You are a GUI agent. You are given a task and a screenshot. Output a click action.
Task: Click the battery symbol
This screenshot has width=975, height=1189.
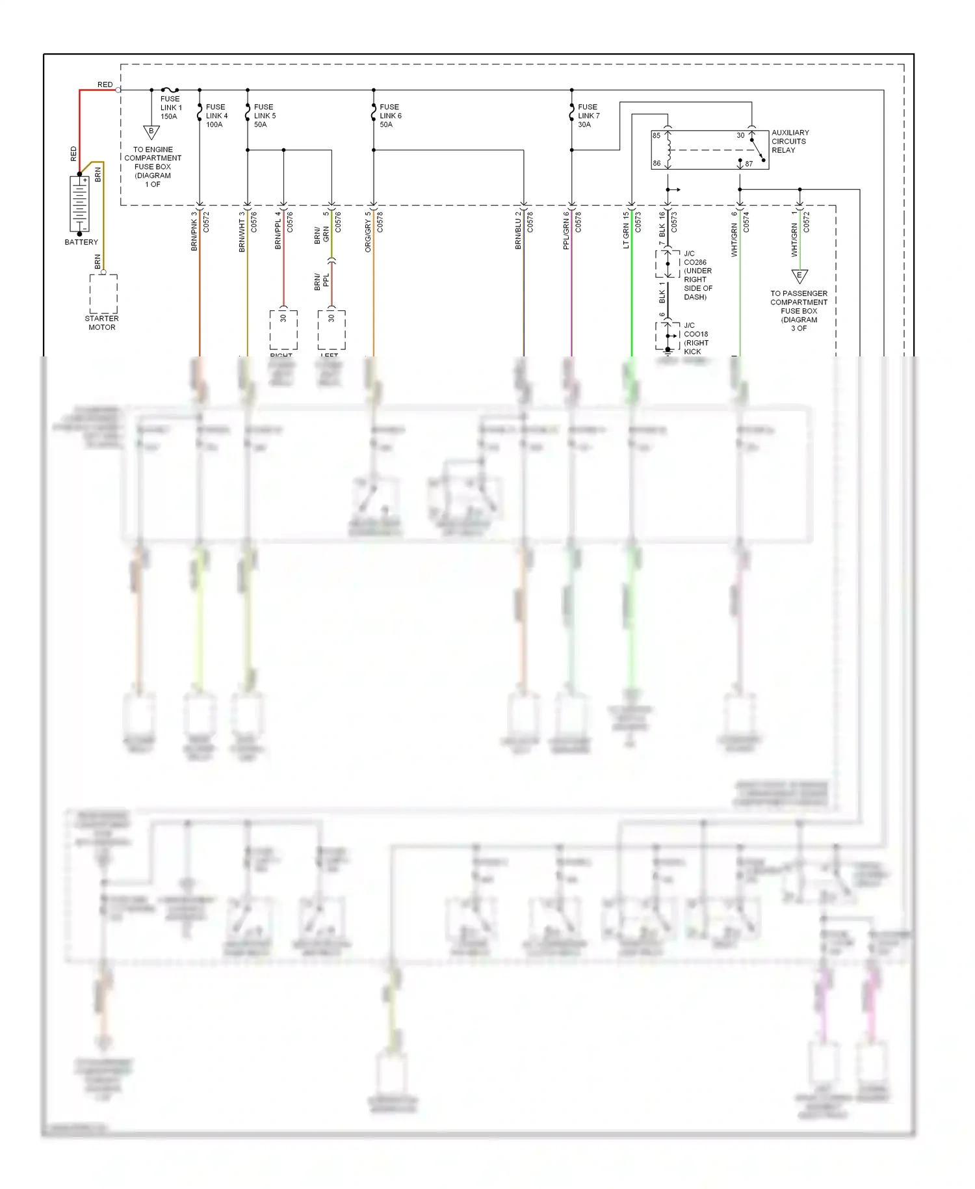click(79, 204)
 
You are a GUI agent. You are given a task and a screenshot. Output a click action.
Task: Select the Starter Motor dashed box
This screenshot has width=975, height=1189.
click(103, 294)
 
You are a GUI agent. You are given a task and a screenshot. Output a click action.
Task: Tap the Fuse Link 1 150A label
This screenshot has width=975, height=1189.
click(171, 108)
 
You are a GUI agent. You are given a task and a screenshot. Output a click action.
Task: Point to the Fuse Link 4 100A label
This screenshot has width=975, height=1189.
click(216, 116)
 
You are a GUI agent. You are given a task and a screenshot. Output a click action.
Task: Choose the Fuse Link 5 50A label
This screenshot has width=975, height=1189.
click(265, 116)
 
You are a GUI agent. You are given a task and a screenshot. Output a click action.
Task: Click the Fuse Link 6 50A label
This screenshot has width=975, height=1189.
click(390, 116)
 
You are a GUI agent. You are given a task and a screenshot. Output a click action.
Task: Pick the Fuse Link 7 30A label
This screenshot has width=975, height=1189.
click(588, 116)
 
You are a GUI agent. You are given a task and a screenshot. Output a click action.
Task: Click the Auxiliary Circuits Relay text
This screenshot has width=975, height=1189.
click(790, 141)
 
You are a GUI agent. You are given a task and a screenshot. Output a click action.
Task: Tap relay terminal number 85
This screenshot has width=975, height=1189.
click(656, 136)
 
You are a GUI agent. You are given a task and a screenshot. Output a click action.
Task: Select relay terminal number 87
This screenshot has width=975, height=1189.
click(749, 164)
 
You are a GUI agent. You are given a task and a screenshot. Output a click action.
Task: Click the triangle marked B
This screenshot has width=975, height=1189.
click(151, 132)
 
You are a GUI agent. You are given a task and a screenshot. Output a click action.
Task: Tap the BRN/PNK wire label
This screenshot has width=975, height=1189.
click(194, 231)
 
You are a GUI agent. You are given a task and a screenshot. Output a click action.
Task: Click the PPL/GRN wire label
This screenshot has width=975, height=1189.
click(566, 231)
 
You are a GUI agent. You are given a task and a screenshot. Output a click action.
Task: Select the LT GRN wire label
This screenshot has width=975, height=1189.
click(626, 231)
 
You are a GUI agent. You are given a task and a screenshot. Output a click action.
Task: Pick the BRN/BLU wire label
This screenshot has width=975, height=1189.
click(518, 231)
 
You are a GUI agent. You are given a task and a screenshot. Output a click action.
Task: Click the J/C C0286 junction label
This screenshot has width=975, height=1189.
click(697, 275)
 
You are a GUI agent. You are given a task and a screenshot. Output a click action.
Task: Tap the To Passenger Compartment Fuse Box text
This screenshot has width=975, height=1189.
click(799, 311)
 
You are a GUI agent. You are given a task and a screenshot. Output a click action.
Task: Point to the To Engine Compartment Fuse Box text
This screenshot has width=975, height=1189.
click(153, 167)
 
